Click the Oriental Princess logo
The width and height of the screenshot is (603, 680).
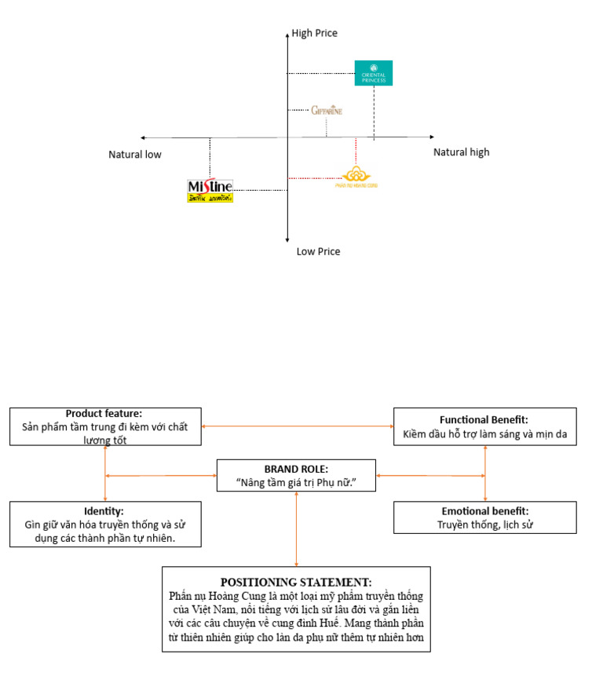(x=373, y=73)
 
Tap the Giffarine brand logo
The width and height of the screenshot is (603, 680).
(x=327, y=110)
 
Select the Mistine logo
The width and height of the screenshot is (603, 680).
(x=210, y=186)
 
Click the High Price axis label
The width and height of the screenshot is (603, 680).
(x=314, y=34)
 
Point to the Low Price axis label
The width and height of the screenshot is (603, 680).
(x=318, y=252)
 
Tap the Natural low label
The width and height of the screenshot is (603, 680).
(x=135, y=155)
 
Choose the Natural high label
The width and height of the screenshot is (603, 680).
(x=461, y=152)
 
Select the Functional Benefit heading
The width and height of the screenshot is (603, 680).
(x=484, y=420)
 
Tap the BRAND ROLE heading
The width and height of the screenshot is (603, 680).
(x=296, y=469)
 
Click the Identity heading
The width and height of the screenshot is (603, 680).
(x=104, y=511)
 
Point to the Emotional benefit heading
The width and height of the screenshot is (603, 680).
(x=484, y=511)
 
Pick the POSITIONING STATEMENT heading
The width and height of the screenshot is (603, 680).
(x=296, y=582)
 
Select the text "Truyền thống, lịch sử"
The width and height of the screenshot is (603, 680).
(x=484, y=525)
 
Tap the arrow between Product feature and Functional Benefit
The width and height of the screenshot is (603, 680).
(x=298, y=426)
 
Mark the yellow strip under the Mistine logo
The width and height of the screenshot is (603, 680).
(x=210, y=198)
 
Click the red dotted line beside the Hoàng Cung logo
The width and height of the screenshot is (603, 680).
(x=314, y=178)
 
